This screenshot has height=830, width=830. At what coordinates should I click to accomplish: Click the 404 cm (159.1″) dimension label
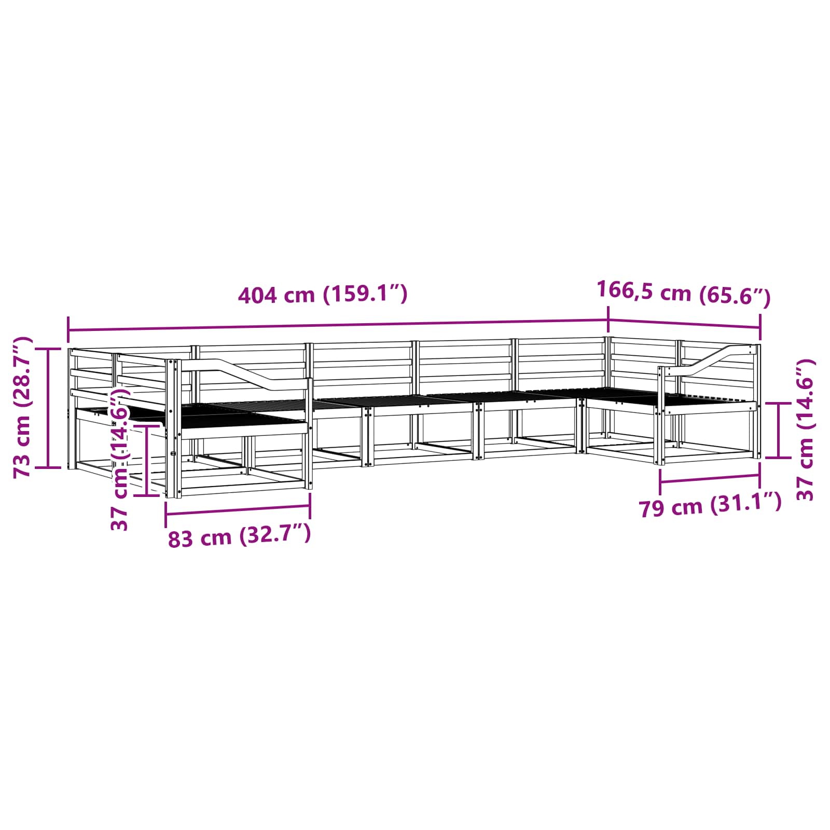click(x=323, y=294)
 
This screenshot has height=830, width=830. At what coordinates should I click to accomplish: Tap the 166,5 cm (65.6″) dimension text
click(x=684, y=293)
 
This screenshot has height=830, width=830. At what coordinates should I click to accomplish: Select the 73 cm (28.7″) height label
click(x=23, y=407)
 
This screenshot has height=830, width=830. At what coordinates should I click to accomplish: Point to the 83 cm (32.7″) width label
click(x=239, y=536)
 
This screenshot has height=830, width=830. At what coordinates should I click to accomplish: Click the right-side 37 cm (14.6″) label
click(x=806, y=430)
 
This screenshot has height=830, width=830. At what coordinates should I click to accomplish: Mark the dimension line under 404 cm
click(x=338, y=326)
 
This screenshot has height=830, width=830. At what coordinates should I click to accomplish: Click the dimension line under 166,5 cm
click(x=684, y=324)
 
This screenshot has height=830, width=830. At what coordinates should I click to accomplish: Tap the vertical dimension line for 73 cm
click(x=49, y=408)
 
